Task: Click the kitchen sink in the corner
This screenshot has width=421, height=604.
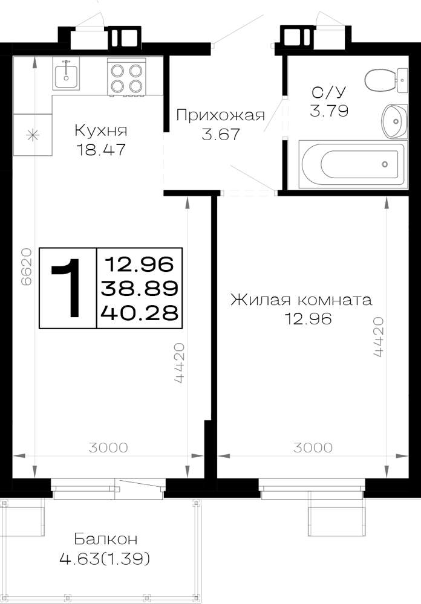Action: [x=67, y=74]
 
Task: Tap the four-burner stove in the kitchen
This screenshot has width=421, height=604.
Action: [x=126, y=77]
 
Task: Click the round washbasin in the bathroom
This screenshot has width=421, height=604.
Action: [x=394, y=121]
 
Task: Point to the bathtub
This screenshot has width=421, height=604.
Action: [x=353, y=164]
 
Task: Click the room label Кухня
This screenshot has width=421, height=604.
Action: [x=101, y=130]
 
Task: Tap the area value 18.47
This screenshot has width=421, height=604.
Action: [x=101, y=149]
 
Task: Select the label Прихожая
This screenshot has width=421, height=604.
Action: [x=221, y=115]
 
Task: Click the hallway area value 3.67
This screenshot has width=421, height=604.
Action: [x=221, y=135]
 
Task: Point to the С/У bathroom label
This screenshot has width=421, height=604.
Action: [x=329, y=92]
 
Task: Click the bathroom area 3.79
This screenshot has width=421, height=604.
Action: [x=329, y=111]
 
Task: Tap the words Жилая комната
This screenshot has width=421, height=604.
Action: [x=301, y=300]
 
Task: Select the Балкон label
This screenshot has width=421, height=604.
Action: [x=105, y=539]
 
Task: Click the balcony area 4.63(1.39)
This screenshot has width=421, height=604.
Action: [x=105, y=558]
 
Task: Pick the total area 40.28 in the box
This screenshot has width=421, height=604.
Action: [x=139, y=313]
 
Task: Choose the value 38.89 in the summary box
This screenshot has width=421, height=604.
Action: [x=139, y=288]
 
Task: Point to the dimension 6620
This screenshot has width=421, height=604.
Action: [x=26, y=266]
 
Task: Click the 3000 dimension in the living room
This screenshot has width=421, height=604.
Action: [x=313, y=448]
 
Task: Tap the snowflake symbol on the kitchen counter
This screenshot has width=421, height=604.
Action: [x=33, y=135]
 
